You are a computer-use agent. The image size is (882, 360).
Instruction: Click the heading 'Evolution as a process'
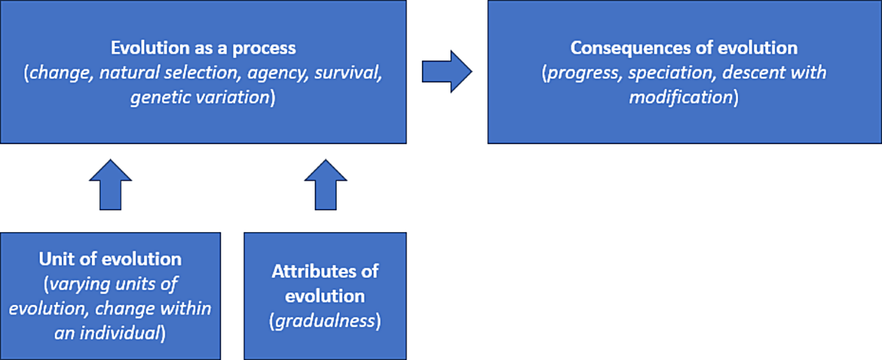[203, 48]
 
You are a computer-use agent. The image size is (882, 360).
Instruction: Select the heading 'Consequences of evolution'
[684, 48]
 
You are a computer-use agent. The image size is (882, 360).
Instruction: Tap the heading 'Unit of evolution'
[110, 259]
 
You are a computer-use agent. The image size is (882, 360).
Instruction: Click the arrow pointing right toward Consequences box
[447, 71]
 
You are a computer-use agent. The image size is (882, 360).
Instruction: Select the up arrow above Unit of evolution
[110, 184]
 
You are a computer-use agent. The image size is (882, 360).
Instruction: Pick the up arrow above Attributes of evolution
[326, 184]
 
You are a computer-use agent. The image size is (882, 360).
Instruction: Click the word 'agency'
[278, 73]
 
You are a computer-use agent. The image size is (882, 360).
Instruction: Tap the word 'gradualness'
[325, 322]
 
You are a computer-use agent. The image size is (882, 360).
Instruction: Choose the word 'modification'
[681, 97]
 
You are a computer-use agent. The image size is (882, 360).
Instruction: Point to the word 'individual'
[120, 334]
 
